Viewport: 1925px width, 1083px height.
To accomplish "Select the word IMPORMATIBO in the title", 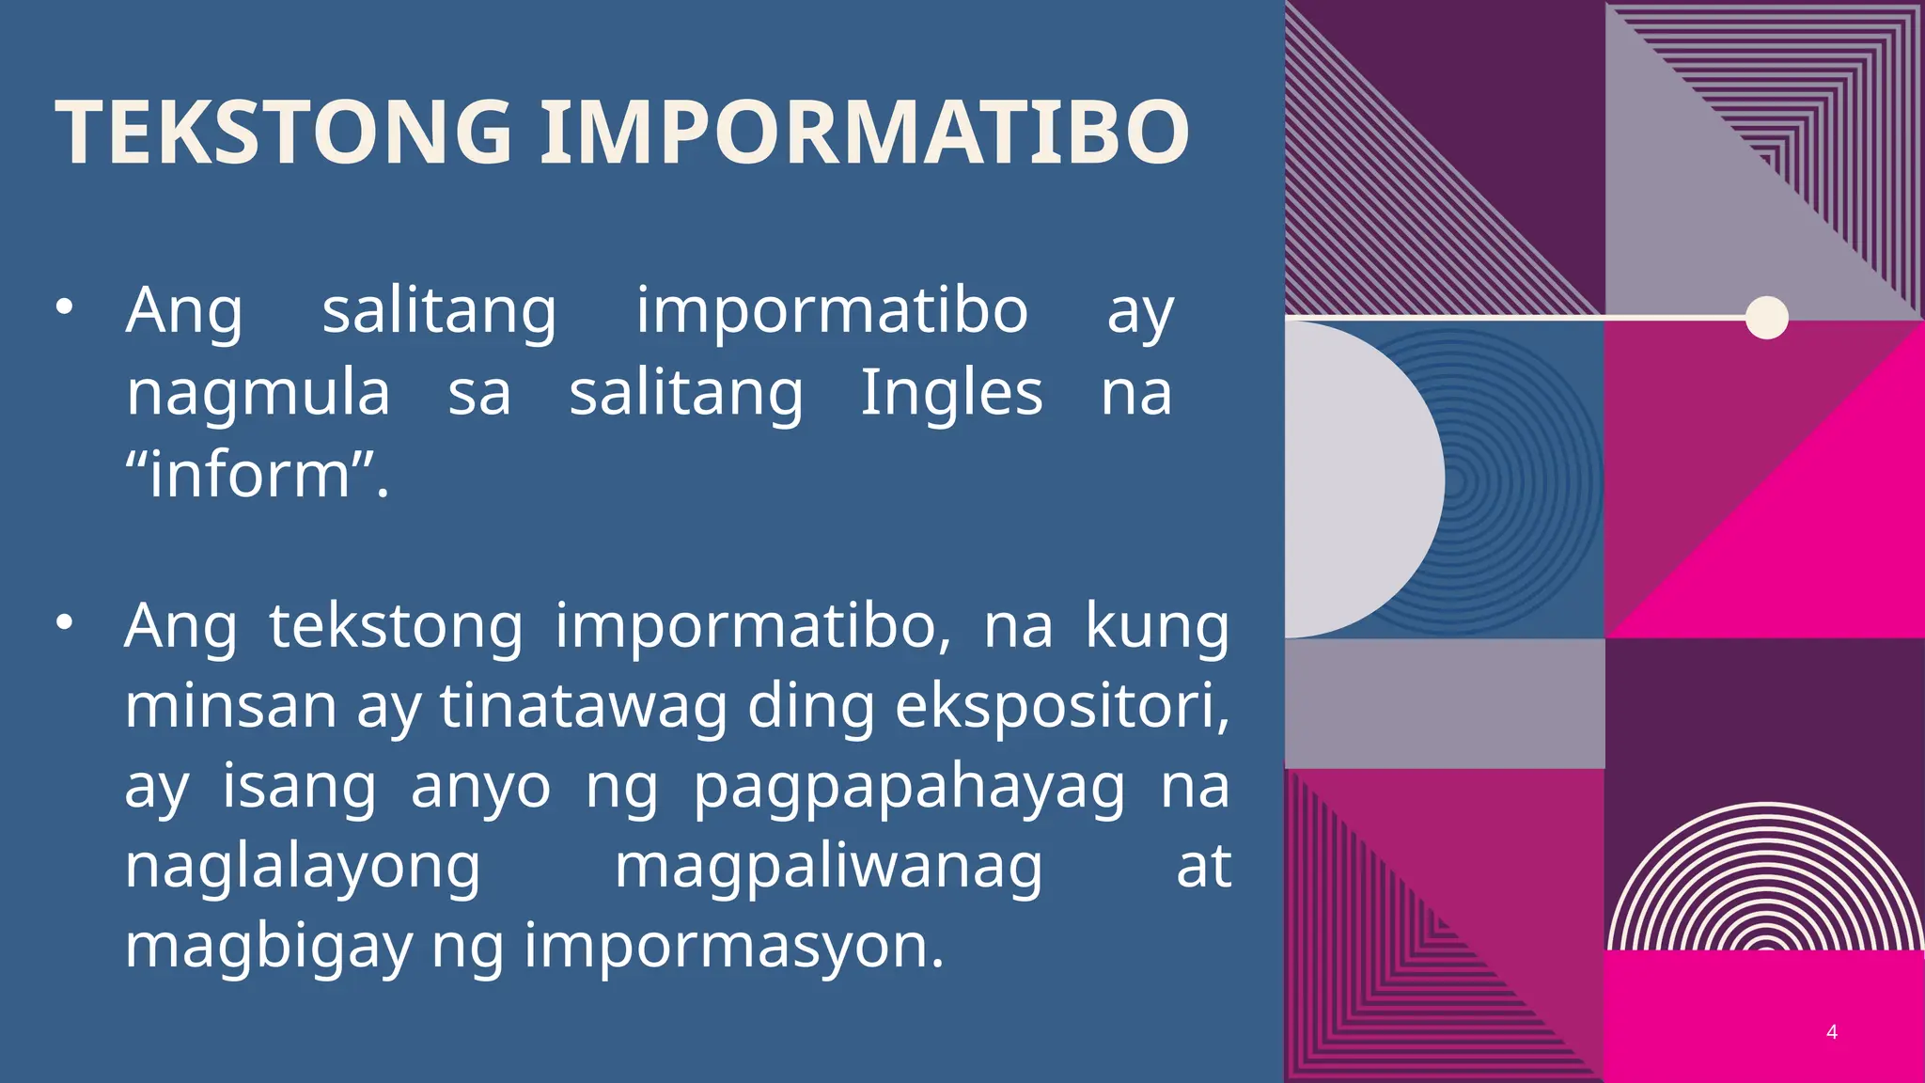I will click(x=864, y=133).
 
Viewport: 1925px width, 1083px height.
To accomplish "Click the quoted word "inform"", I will click(x=257, y=474).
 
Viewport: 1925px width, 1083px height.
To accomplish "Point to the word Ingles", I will click(x=951, y=393).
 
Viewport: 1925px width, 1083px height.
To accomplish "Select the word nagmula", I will click(x=258, y=393).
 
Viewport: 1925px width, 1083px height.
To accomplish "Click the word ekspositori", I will click(x=1060, y=705).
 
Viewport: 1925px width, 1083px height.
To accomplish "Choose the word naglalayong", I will click(x=303, y=867).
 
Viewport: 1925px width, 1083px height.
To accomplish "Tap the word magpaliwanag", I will click(x=828, y=867).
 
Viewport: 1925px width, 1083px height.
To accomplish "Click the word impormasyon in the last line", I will click(x=733, y=946).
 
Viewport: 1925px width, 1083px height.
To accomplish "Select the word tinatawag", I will click(x=584, y=705).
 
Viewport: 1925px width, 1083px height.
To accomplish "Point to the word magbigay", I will click(x=269, y=946).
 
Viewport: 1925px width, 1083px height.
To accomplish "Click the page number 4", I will click(x=1831, y=1032).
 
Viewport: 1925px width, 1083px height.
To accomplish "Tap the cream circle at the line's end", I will click(x=1766, y=318).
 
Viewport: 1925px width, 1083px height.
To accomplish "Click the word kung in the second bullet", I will click(x=1157, y=625).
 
